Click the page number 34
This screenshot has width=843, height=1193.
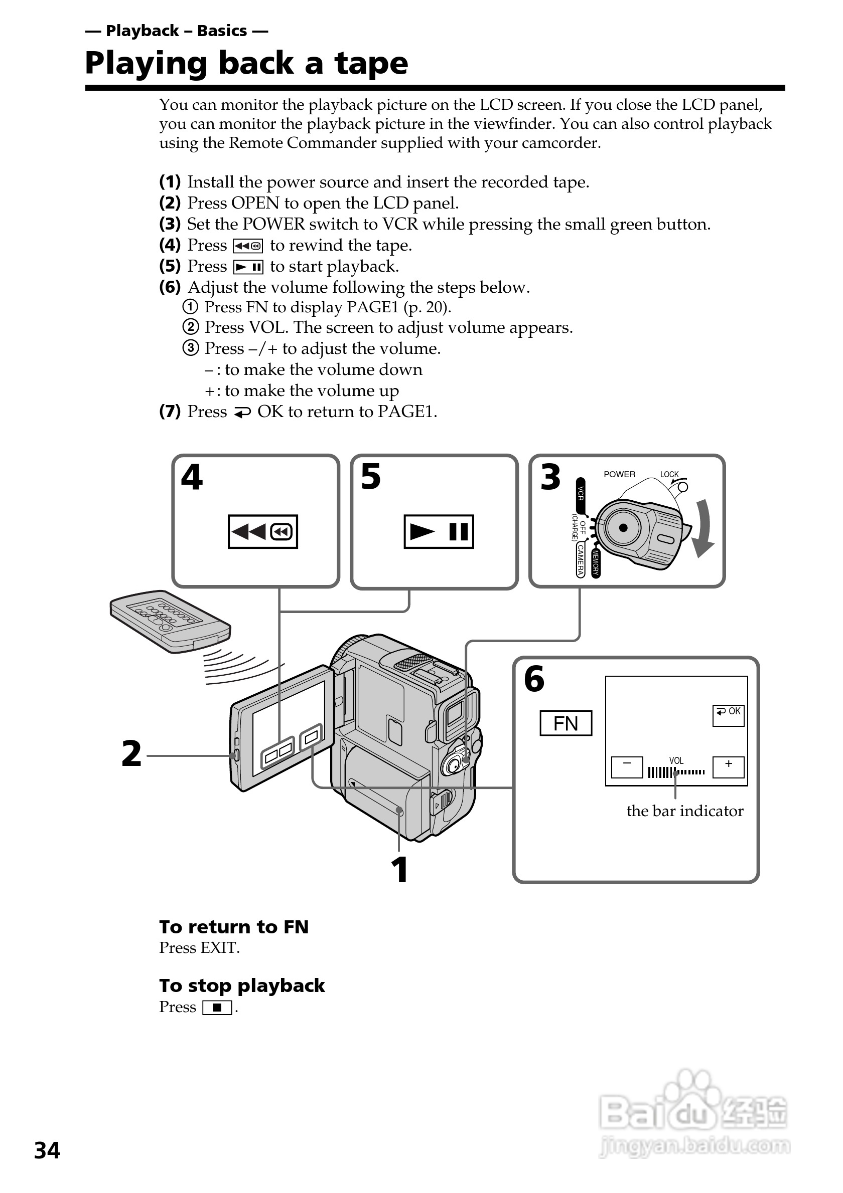coord(47,1151)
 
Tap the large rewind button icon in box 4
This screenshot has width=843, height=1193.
coord(262,531)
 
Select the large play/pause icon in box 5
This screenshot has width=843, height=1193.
coord(439,531)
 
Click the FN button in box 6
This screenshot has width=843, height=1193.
coord(566,723)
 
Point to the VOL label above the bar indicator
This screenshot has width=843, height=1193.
coord(676,761)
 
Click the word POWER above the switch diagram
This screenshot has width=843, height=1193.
coord(619,474)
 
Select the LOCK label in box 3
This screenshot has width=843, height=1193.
coord(669,474)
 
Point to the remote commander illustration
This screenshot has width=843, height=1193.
coord(170,622)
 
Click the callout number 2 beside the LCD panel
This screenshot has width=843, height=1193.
coord(131,754)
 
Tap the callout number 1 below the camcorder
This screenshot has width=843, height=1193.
coord(399,870)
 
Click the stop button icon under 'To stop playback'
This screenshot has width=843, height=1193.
coord(217,1008)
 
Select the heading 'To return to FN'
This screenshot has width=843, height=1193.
coord(234,927)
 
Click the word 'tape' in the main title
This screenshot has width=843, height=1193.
coord(371,63)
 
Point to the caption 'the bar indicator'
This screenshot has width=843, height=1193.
coord(685,811)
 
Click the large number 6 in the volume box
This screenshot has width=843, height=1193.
coord(534,679)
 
